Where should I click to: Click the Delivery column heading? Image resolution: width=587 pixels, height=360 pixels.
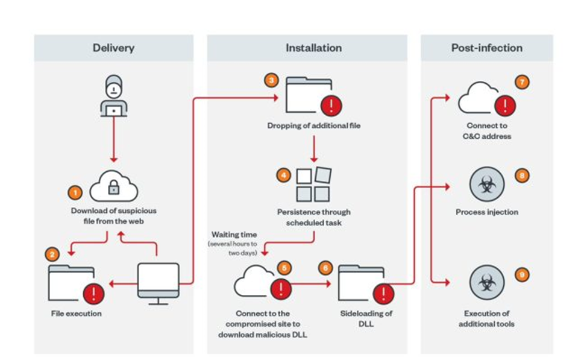point(113,48)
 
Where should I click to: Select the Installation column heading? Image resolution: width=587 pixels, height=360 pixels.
point(313,48)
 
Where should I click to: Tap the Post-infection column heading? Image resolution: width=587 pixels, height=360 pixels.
point(486,48)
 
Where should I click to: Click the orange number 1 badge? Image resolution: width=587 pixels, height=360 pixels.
point(74,194)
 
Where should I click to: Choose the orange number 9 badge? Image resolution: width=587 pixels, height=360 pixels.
point(521,275)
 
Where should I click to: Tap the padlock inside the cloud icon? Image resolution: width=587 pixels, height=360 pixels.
point(113,189)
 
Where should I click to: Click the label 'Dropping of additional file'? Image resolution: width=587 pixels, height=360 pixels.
point(313,126)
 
